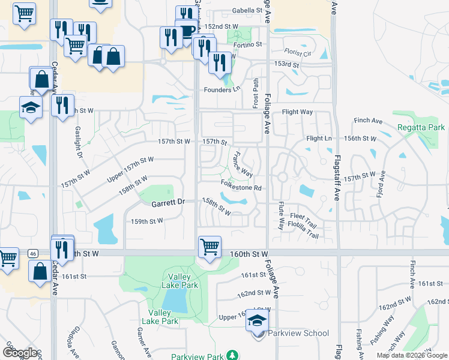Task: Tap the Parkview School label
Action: click(x=298, y=333)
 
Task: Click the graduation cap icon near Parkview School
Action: click(x=257, y=321)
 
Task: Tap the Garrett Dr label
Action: click(x=167, y=203)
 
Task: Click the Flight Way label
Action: click(x=297, y=112)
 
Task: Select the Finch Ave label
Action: click(x=368, y=121)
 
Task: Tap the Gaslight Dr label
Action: click(x=79, y=142)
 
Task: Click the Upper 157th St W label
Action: click(x=130, y=169)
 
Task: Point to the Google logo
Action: click(x=21, y=352)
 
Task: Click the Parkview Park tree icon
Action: click(x=231, y=356)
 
